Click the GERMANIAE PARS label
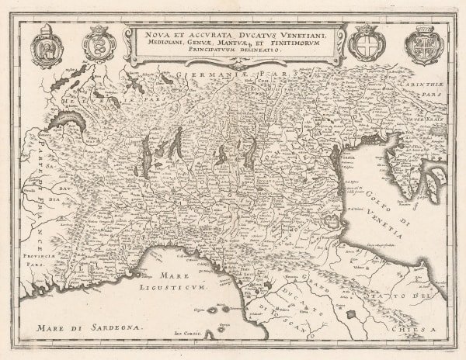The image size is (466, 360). tap(225, 75)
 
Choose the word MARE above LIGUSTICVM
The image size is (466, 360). tap(170, 276)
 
